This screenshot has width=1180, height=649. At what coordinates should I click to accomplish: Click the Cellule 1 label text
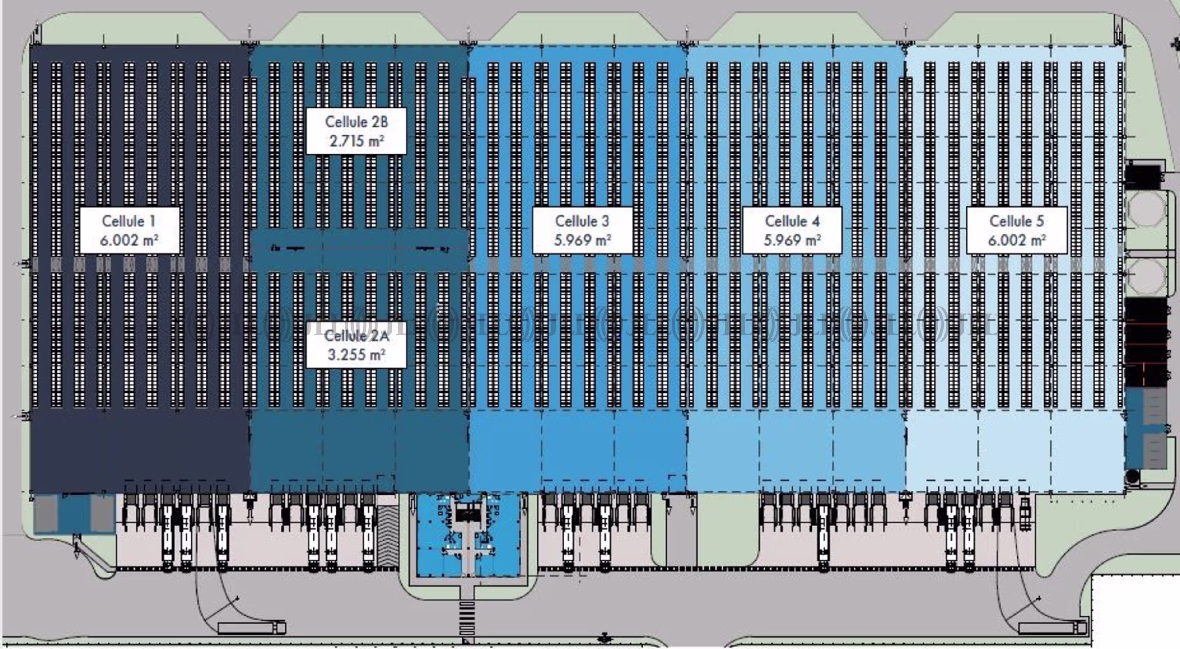click(x=129, y=221)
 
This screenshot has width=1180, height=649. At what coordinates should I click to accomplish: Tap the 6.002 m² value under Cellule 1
click(x=129, y=240)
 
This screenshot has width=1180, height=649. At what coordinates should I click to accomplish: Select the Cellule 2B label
click(x=356, y=122)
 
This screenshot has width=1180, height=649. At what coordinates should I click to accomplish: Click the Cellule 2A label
click(x=356, y=336)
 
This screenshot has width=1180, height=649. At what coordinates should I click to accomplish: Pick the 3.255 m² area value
click(x=356, y=354)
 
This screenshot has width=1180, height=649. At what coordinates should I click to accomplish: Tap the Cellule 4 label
click(x=792, y=221)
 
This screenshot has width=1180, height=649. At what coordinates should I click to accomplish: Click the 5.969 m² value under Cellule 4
click(x=792, y=240)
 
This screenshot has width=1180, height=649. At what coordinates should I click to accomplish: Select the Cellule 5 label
click(x=1017, y=221)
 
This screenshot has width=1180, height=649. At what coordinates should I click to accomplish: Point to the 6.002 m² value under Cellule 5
click(x=1017, y=240)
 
